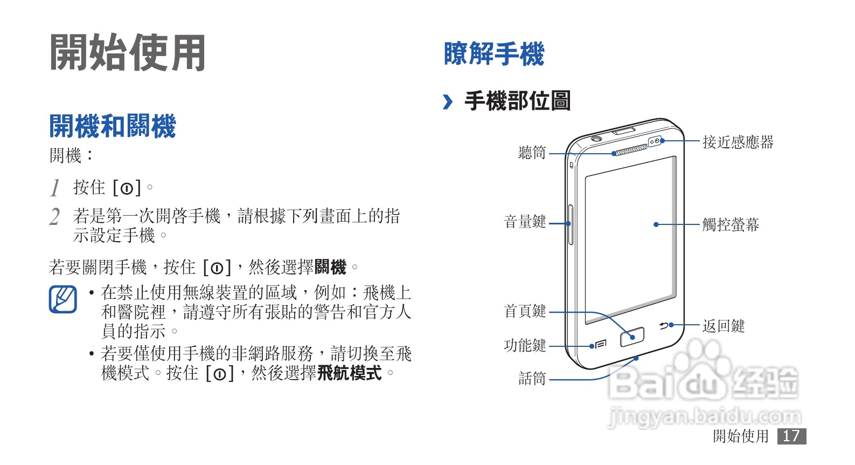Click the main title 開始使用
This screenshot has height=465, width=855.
pos(128,53)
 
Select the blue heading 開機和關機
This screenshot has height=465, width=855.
pos(112,126)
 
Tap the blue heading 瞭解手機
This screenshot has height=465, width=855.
pos(493,54)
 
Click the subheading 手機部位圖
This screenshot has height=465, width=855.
pos(517,101)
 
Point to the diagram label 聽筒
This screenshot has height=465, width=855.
pos(532,153)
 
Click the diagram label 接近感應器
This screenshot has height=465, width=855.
pos(738,142)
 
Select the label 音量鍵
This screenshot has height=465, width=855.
pos(525,222)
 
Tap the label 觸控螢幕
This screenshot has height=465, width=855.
pos(730,224)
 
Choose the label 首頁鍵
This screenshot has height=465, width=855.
pos(525,311)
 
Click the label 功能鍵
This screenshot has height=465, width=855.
pos(525,346)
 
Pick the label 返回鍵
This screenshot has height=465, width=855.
pos(723,326)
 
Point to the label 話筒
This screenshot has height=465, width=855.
pos(532,379)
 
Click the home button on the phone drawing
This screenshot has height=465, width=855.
pos(632,337)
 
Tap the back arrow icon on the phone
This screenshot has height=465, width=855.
pos(664,325)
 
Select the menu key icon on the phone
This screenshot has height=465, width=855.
pos(601,344)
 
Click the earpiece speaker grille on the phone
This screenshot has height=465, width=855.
pos(630,150)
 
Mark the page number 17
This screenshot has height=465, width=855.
pos(791,436)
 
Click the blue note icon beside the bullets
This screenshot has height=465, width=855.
pos(62,299)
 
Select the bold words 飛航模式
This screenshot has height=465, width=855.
pos(349,373)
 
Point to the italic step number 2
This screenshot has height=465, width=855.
pos(54,217)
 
